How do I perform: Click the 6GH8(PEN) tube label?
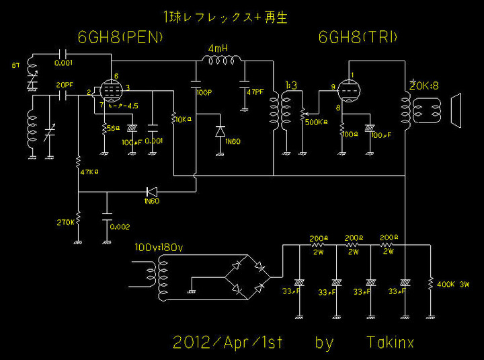pos(120,38)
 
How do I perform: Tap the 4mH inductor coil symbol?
pos(223,62)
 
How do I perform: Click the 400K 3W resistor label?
pos(455,284)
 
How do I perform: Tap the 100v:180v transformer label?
pos(159,248)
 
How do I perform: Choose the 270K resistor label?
pos(66,221)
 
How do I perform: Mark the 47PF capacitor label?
pos(255,92)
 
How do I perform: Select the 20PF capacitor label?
pos(65,85)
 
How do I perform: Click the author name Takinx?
pos(390,343)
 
